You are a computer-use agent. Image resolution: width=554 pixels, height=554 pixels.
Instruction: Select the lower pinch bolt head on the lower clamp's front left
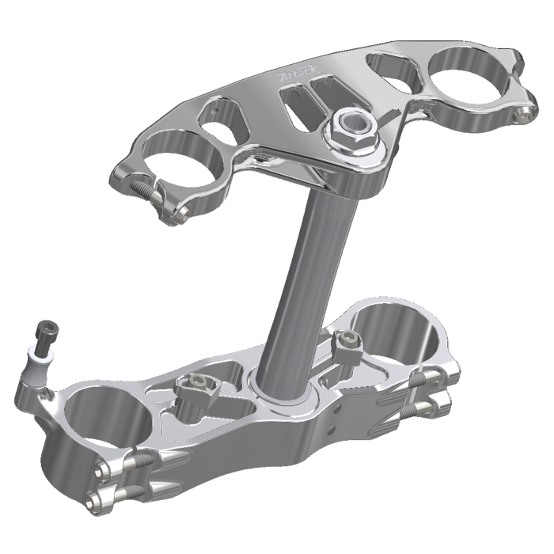(99, 499)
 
